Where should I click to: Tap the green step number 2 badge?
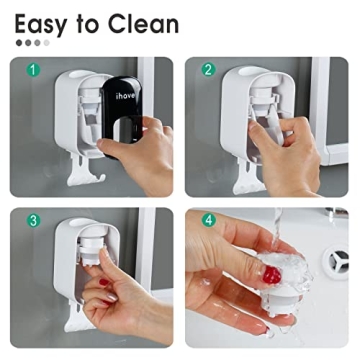click(208, 71)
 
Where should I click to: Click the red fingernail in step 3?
click(103, 283)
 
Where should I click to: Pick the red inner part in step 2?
click(266, 112)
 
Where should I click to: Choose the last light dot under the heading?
click(45, 43)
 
